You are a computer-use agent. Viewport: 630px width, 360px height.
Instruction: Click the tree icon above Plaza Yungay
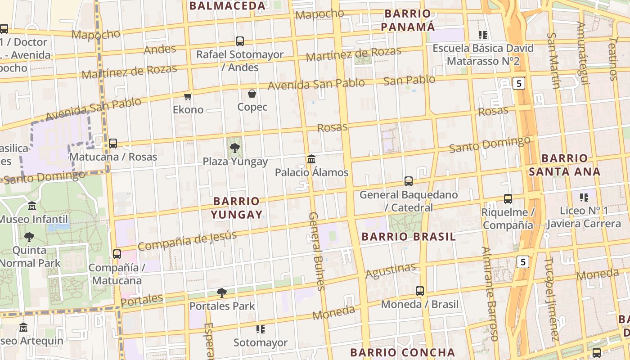point(234,148)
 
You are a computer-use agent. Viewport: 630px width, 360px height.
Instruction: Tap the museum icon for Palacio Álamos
point(311,159)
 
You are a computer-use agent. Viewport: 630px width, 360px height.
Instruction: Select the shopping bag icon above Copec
point(252,94)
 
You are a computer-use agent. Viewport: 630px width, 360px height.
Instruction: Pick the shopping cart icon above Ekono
point(188,96)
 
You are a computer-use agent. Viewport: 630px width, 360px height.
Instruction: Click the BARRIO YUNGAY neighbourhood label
point(237,207)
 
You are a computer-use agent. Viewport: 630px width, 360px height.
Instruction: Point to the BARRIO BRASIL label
point(409,237)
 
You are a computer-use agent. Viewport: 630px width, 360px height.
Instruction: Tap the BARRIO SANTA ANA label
point(564,165)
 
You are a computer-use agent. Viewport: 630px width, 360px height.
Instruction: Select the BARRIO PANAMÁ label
point(408,20)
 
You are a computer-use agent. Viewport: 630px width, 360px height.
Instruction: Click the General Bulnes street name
point(316,251)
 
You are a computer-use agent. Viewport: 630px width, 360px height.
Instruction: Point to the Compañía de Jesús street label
point(187,240)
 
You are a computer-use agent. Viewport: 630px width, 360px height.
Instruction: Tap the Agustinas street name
point(391,270)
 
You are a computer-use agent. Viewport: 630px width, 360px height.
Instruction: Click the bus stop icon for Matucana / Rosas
point(113,144)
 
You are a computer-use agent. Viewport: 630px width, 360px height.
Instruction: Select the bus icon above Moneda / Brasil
point(420,291)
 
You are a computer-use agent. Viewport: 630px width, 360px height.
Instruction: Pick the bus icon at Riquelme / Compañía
point(508,199)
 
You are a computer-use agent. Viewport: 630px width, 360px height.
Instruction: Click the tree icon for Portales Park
point(221,293)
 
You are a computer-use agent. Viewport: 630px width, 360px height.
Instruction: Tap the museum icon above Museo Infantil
point(32,206)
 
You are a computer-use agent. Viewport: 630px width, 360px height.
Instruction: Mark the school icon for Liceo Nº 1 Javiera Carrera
point(584,197)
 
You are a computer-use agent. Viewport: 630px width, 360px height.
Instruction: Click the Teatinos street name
point(613,58)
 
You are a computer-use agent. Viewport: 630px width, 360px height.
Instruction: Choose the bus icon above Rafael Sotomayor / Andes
point(240,41)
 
